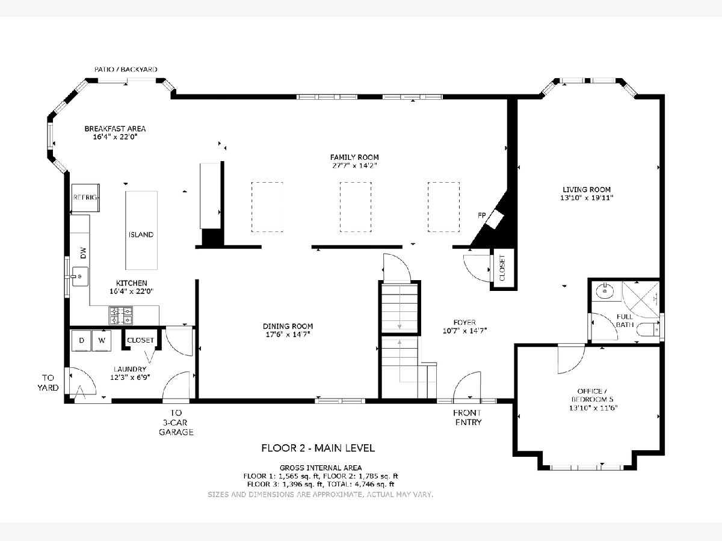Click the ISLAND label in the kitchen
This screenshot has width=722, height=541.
(x=141, y=234)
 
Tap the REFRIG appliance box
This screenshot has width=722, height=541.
(x=85, y=198)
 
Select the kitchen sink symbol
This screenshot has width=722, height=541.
(x=80, y=277)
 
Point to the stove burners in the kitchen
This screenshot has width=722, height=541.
(x=121, y=316)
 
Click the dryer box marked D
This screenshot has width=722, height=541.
(x=82, y=341)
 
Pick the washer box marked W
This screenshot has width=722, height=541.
(x=102, y=341)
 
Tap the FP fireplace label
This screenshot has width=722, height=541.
(x=482, y=215)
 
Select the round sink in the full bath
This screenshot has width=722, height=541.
(x=605, y=291)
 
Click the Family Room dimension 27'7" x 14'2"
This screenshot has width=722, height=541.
(x=354, y=165)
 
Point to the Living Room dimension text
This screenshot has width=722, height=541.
(x=587, y=198)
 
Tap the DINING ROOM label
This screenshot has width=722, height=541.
(x=288, y=326)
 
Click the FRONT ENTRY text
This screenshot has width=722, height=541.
(x=467, y=417)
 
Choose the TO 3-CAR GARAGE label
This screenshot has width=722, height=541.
(x=176, y=422)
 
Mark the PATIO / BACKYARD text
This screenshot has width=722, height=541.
(x=126, y=69)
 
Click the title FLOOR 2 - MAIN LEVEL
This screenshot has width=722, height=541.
(x=318, y=448)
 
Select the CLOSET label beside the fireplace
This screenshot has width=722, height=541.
(x=502, y=268)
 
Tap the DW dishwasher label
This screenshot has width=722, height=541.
(x=83, y=253)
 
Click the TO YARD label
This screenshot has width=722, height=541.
(x=48, y=383)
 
